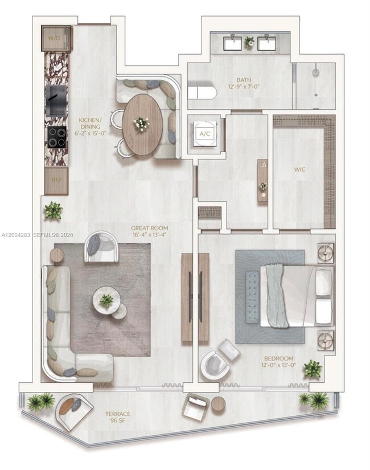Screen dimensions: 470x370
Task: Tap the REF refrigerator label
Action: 56,178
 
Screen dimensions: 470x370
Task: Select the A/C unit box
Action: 204,134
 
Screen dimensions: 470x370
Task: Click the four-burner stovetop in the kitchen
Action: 56,137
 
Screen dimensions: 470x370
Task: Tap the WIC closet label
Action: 300,170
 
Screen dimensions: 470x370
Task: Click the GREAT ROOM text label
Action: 150,231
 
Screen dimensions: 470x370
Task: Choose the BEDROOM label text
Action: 278,362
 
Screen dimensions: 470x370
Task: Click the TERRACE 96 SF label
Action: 117,417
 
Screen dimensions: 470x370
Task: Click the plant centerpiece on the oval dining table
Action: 141,123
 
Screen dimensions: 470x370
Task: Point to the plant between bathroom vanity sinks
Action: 249,42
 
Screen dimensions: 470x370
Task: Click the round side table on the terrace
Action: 219,404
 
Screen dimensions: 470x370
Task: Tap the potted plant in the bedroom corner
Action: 313,369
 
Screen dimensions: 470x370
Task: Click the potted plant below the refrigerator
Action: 54,210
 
